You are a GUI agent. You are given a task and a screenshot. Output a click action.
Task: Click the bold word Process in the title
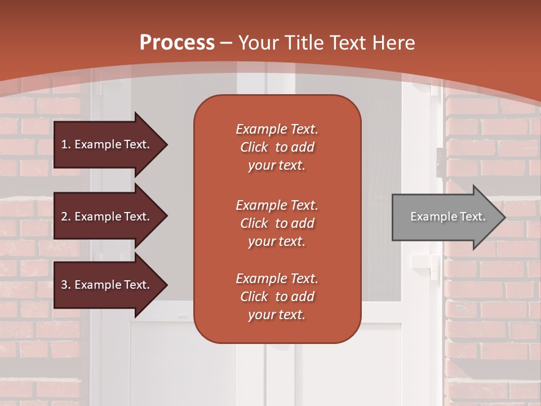(x=177, y=43)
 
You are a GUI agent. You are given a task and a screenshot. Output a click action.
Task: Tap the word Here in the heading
(x=393, y=43)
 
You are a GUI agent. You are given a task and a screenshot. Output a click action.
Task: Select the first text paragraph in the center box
(x=277, y=147)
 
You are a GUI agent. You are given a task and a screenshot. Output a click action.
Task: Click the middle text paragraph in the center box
(x=277, y=223)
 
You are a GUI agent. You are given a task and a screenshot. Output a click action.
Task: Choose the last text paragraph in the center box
(x=277, y=297)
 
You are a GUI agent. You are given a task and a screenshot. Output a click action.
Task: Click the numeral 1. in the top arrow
(x=66, y=144)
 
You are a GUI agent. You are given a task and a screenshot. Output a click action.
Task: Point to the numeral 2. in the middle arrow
(x=66, y=217)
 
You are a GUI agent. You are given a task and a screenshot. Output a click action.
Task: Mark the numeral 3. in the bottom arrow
(x=66, y=285)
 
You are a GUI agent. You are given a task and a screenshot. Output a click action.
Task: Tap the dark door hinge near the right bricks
(x=440, y=161)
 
